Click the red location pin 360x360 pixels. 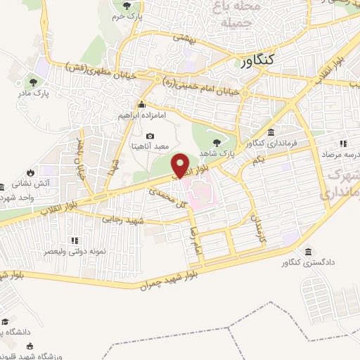(181, 165)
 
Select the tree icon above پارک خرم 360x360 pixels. (127, 6)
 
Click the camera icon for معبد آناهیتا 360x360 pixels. (150, 136)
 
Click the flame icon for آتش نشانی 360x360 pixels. (31, 172)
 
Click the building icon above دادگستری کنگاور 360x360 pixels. (307, 252)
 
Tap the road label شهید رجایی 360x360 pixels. (123, 220)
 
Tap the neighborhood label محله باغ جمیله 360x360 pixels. (231, 14)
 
